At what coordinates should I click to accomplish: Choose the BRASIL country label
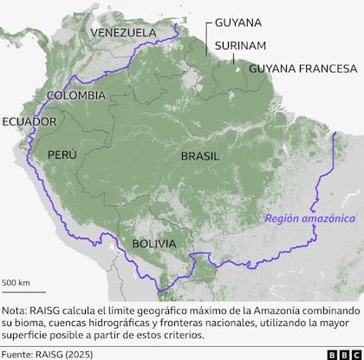[x=201, y=156]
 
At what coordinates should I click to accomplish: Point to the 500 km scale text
[x=16, y=283]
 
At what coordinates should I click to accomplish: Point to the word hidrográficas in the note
[x=142, y=321]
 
